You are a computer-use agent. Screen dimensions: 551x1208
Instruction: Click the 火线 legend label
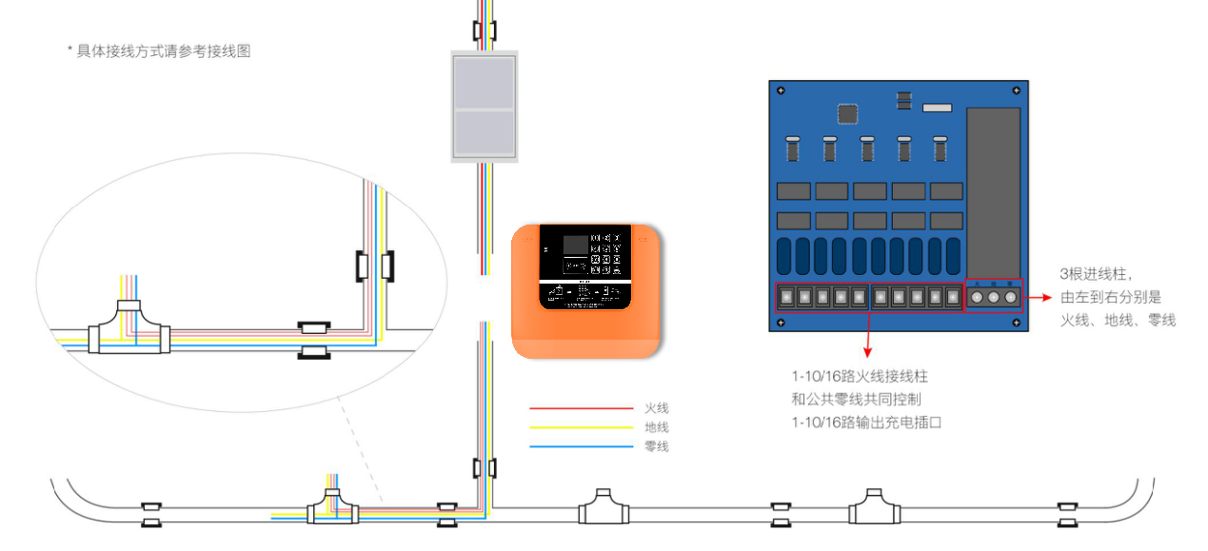656,408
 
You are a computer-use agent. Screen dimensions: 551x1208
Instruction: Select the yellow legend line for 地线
581,427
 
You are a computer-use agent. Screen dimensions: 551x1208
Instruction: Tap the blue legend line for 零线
581,446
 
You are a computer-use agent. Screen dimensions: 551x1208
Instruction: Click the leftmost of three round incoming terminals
977,297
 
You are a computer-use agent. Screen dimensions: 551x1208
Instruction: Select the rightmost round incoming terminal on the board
1011,297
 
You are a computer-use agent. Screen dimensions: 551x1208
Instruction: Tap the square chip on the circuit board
848,113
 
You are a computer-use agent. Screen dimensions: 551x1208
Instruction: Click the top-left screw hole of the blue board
781,91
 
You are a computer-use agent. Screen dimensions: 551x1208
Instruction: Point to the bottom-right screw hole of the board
1016,322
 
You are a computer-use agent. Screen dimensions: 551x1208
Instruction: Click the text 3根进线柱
1096,275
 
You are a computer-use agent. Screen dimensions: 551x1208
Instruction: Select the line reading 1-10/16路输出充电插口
865,422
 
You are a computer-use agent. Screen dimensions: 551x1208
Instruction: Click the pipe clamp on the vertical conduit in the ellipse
374,266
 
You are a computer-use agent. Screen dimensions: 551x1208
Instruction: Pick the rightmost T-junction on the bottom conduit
874,507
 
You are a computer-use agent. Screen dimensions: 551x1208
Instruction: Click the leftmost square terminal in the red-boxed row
786,297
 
